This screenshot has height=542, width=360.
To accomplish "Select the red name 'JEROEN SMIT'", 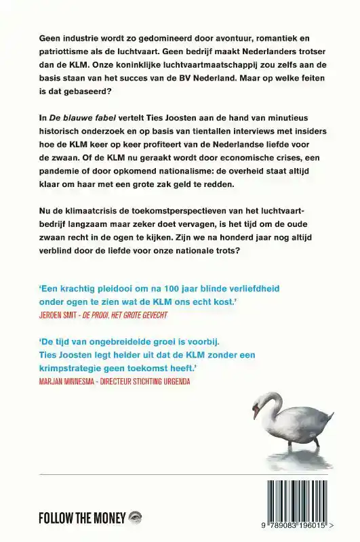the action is [65, 316].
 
